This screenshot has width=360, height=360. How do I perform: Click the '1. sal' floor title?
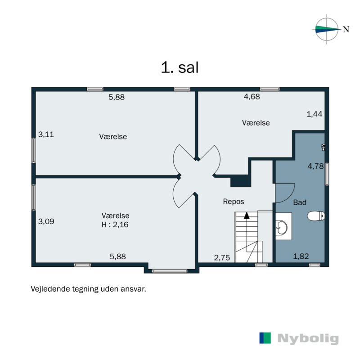(180, 67)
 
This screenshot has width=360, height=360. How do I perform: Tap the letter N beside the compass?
(346, 29)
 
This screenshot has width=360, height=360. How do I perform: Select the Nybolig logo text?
(308, 338)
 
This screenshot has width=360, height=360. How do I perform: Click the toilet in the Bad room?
(316, 216)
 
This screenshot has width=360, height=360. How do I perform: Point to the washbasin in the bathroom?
(282, 227)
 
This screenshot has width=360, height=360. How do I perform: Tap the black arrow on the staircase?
(247, 216)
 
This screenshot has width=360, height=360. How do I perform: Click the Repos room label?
(234, 202)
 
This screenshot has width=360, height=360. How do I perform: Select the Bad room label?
(300, 202)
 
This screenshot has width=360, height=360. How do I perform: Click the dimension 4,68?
(252, 96)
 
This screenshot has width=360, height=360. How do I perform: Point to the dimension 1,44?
(315, 114)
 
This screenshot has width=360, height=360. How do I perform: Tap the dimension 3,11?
(46, 134)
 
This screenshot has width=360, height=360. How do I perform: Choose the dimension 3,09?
(46, 221)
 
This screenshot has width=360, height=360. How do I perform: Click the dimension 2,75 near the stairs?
(222, 257)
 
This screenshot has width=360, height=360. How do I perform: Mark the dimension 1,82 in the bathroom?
(301, 256)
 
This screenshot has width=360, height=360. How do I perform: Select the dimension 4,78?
(316, 166)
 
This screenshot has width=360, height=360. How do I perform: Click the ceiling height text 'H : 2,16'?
(115, 224)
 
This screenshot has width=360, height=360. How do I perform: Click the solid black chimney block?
(240, 181)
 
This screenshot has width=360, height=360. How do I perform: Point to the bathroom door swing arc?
(285, 193)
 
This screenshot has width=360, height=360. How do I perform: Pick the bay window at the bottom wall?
(170, 271)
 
